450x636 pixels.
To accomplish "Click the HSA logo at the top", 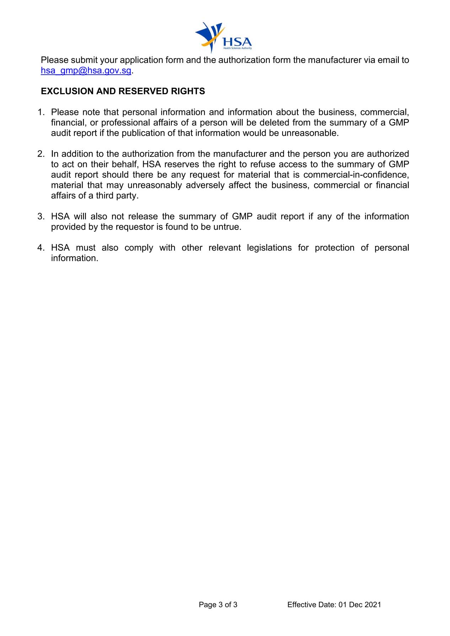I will pos(224,37).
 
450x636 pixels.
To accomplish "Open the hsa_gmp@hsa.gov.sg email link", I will pos(86,70).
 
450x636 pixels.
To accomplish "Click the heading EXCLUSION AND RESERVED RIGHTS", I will pos(123,91).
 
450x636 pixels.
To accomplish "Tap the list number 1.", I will pos(41,112).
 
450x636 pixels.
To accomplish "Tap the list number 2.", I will pos(41,154).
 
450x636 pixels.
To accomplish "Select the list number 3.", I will pos(41,216).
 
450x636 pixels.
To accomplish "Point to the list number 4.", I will pos(41,248).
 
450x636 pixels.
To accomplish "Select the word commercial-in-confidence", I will pos(356,175).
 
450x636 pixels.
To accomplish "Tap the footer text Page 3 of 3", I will pos(218,605).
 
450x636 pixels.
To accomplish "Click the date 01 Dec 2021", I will pos(360,605).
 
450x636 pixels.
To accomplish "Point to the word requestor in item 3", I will pos(134,227).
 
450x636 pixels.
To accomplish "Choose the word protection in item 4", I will pos(334,248).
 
